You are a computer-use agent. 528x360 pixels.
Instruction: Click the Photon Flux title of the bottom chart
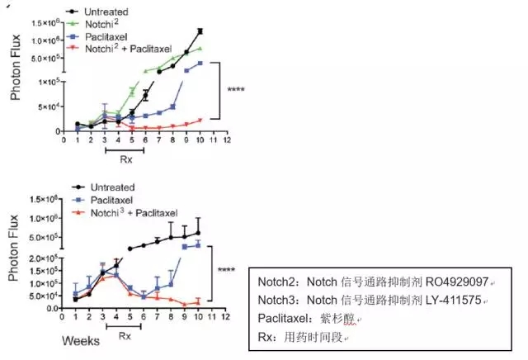[15, 262]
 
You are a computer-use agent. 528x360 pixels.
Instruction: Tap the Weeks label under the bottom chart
[81, 339]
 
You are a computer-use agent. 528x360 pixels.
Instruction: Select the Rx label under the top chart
[126, 159]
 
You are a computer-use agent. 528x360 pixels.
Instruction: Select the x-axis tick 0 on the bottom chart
[64, 318]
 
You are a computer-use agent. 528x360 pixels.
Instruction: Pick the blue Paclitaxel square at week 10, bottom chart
[198, 244]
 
